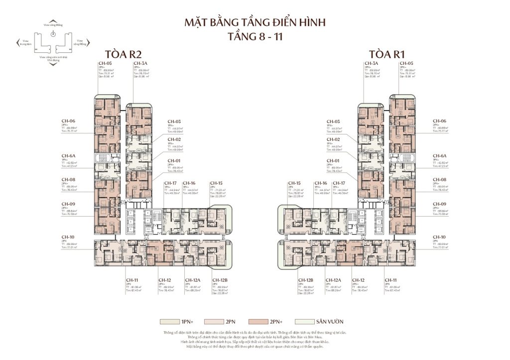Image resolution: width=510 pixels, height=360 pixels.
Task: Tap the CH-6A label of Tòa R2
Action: tap(68, 156)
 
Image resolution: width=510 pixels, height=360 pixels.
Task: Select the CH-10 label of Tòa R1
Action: tap(440, 237)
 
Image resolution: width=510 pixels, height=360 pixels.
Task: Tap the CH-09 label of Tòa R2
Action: tap(68, 204)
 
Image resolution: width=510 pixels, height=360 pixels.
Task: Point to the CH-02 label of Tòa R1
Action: tap(333, 139)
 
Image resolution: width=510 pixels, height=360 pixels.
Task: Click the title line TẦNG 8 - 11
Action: tap(255, 37)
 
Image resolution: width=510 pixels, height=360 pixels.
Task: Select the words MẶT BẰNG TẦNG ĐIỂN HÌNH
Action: tap(255, 23)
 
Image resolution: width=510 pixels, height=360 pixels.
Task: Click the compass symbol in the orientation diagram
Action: tap(52, 34)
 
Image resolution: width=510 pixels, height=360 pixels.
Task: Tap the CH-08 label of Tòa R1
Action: tap(440, 179)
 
